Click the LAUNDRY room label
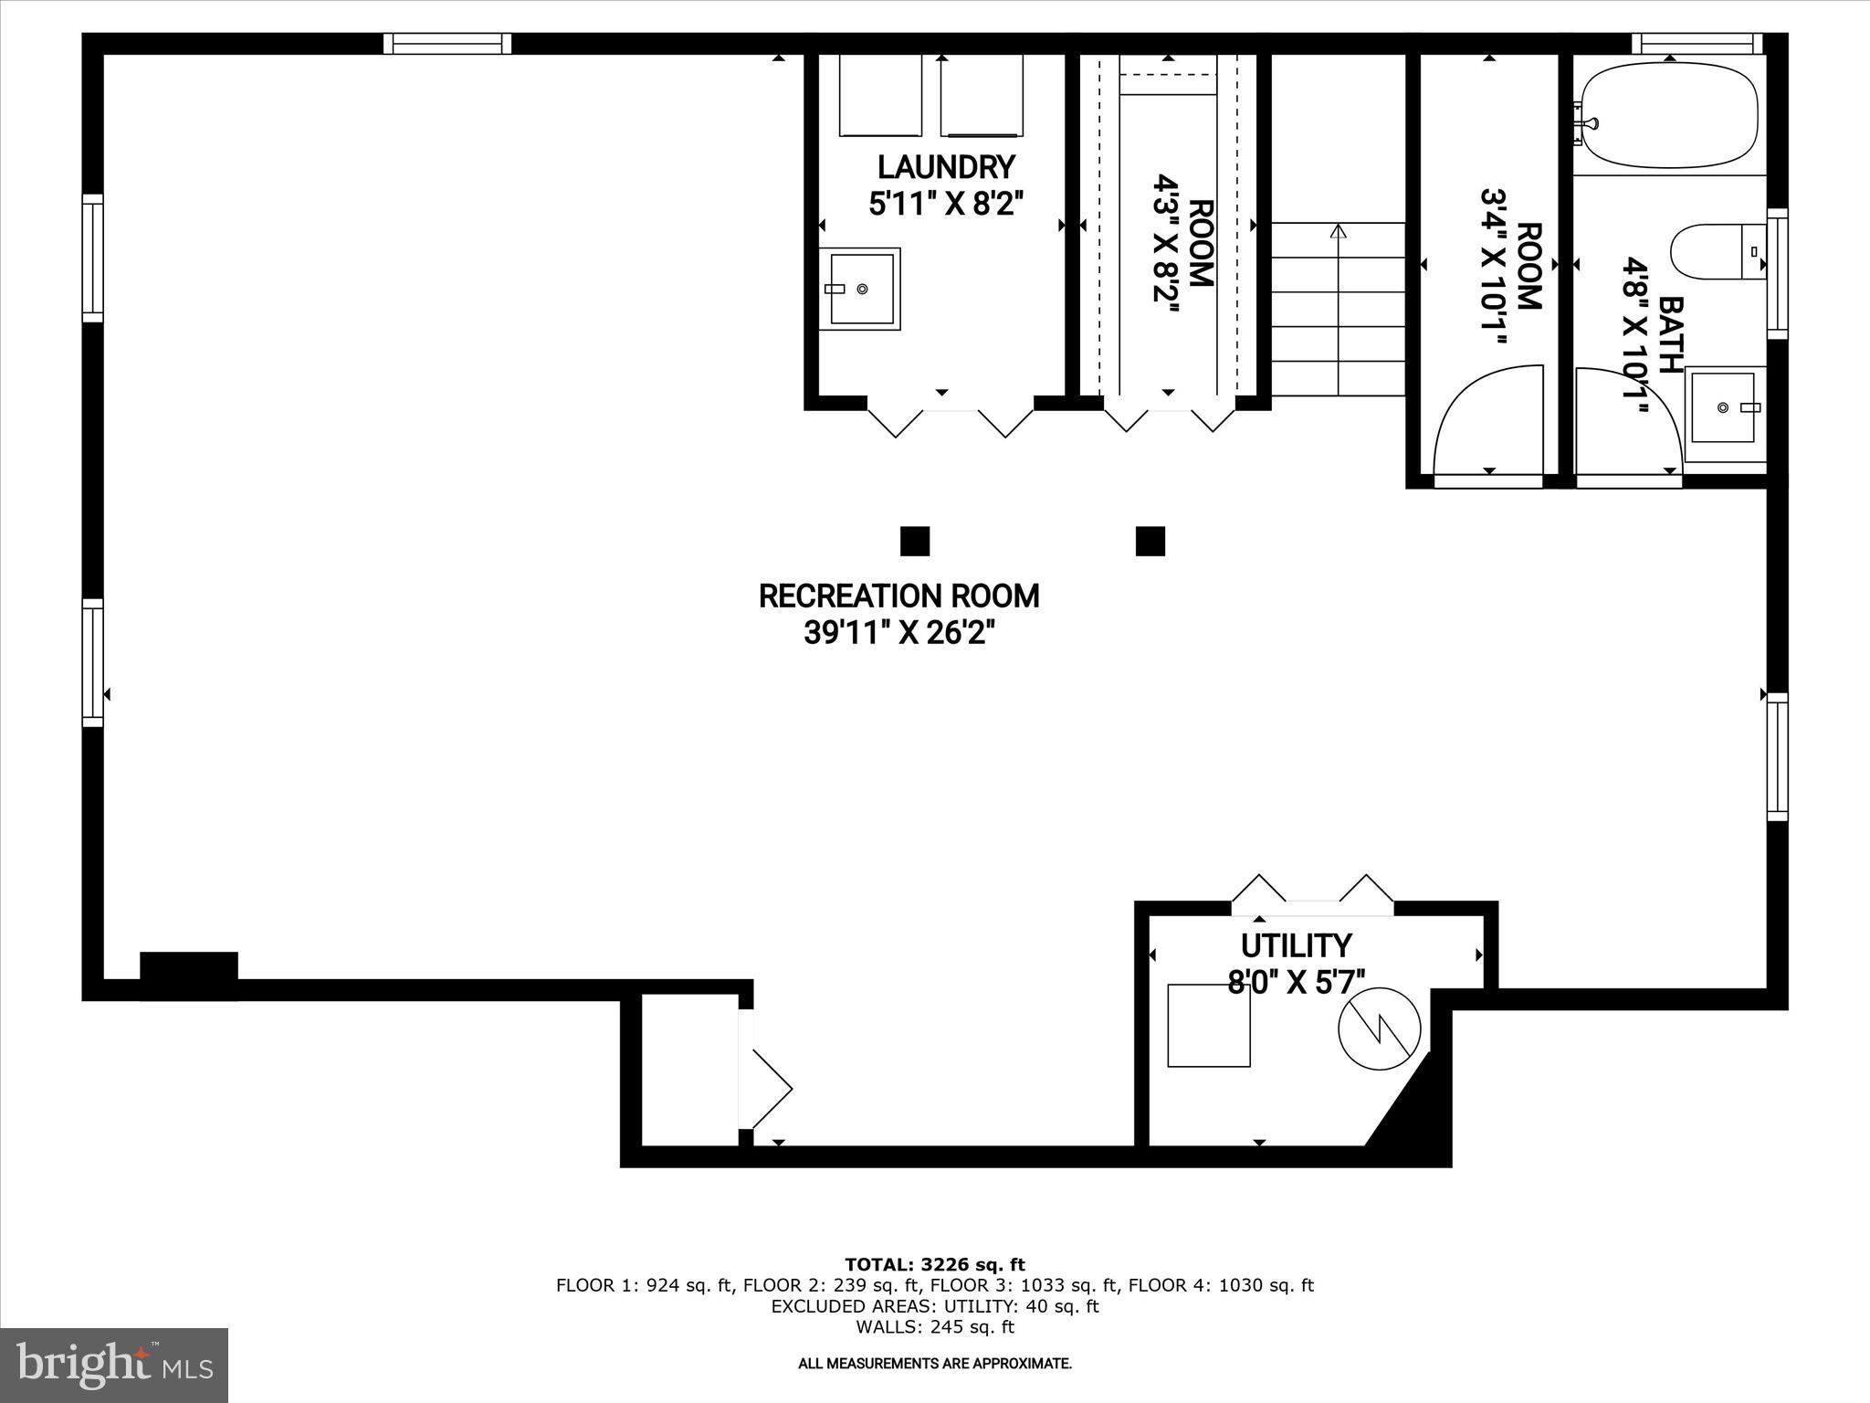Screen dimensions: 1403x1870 coord(946,168)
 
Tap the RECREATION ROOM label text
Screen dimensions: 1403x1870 coord(898,596)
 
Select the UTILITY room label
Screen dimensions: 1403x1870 coord(1296,945)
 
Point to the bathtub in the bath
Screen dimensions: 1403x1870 coord(1669,116)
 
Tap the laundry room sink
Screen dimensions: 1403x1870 coord(861,289)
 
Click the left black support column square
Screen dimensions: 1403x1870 coord(915,541)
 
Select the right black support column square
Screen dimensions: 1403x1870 coord(1150,541)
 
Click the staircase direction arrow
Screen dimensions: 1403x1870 coord(1339,232)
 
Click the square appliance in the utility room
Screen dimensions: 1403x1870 coord(1209,1025)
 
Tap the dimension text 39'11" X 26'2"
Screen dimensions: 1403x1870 coord(898,633)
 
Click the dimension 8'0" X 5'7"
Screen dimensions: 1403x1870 coord(1296,982)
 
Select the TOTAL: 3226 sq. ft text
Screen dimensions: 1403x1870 coord(935,1265)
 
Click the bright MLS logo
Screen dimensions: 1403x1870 coord(114,1365)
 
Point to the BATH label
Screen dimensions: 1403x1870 coord(1670,334)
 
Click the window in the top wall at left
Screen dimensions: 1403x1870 coord(446,44)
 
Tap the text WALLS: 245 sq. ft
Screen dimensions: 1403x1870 coord(935,1327)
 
